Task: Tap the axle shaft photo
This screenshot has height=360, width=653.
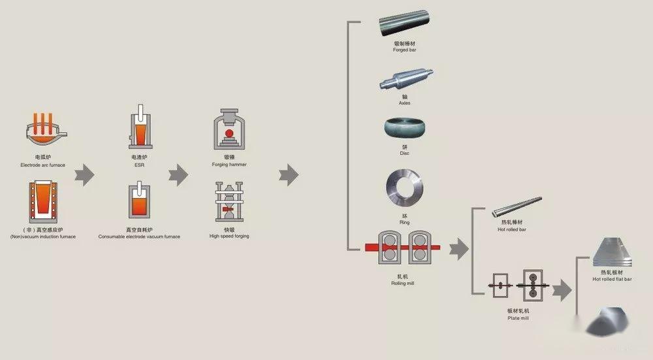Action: [405, 80]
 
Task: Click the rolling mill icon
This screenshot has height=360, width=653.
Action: [402, 248]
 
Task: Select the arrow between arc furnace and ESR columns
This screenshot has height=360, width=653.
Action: [84, 174]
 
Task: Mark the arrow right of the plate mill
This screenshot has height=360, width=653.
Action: [562, 287]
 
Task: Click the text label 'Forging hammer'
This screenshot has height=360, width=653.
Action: [229, 165]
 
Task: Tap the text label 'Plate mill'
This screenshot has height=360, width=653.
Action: [518, 318]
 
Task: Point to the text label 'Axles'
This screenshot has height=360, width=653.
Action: [405, 103]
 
